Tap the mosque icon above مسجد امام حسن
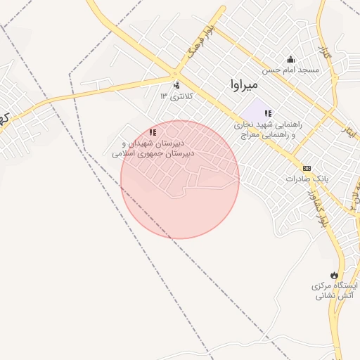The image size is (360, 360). [x=290, y=59]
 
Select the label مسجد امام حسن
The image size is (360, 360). [x=291, y=70]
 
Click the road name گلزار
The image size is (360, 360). [x=323, y=53]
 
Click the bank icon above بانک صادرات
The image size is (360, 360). [x=307, y=168]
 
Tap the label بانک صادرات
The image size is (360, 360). [x=307, y=179]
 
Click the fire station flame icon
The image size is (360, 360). [x=333, y=275]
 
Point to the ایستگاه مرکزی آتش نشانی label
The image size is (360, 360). [x=335, y=291]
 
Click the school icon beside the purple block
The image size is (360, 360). [x=268, y=113]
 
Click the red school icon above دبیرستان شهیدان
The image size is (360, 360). [x=153, y=132]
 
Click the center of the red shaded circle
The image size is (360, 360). [x=180, y=179]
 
